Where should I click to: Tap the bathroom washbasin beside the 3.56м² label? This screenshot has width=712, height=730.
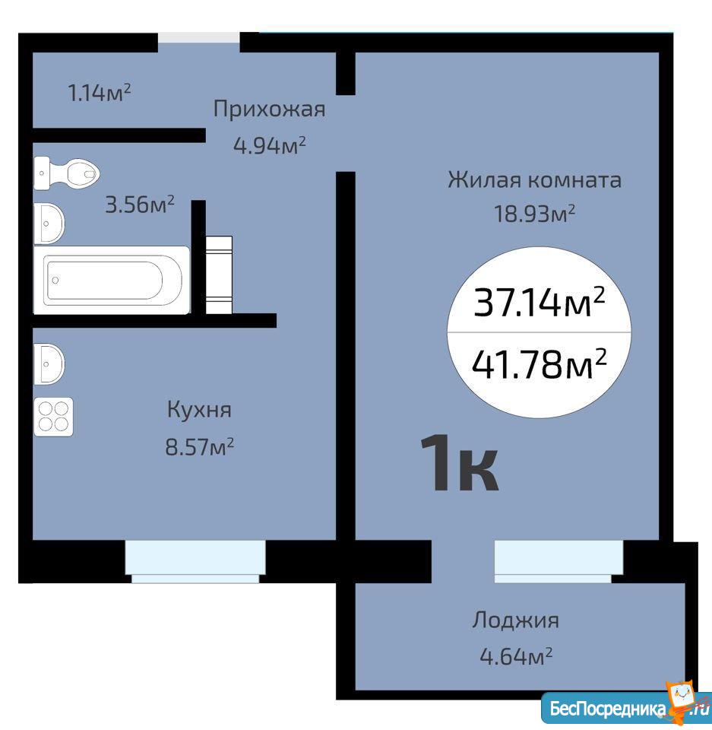[49, 224]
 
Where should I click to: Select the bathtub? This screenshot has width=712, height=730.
[112, 280]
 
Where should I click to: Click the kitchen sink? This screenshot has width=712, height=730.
[49, 364]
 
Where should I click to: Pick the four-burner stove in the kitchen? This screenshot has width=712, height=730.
[53, 417]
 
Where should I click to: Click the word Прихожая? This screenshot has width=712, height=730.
[269, 109]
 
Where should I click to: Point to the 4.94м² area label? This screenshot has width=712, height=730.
[270, 146]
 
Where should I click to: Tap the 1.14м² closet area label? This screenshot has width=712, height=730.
[99, 93]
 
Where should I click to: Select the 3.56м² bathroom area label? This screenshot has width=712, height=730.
[140, 205]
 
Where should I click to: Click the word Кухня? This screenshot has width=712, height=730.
[199, 410]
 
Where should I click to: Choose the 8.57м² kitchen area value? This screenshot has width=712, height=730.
[199, 447]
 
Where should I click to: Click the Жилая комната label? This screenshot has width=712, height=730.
[534, 179]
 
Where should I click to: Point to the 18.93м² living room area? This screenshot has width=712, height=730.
[534, 214]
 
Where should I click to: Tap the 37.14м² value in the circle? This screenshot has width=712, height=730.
[540, 302]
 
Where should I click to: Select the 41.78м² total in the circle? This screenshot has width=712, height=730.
[540, 363]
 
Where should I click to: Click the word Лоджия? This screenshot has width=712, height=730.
[516, 620]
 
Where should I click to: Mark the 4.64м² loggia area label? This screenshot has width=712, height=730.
[516, 656]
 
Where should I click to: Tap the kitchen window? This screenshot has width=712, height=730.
[195, 561]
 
